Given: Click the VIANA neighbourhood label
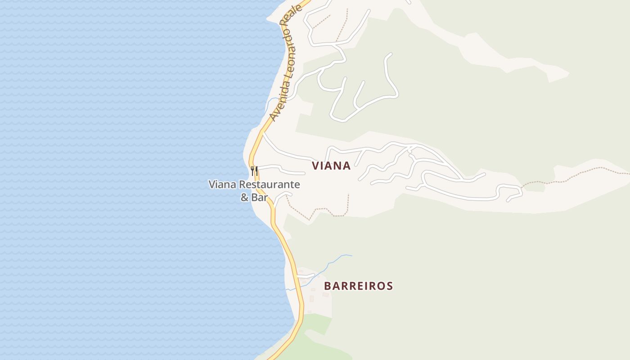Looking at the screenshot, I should [331, 166].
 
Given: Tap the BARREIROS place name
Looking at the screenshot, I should [358, 286].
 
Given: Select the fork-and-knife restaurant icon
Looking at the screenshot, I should [254, 171].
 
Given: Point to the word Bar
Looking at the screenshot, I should [260, 197].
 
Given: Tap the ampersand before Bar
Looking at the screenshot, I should [245, 197].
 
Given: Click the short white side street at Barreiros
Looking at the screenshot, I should [306, 276].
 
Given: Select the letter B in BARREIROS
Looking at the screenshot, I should [328, 286].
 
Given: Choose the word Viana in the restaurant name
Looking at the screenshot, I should [222, 184].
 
